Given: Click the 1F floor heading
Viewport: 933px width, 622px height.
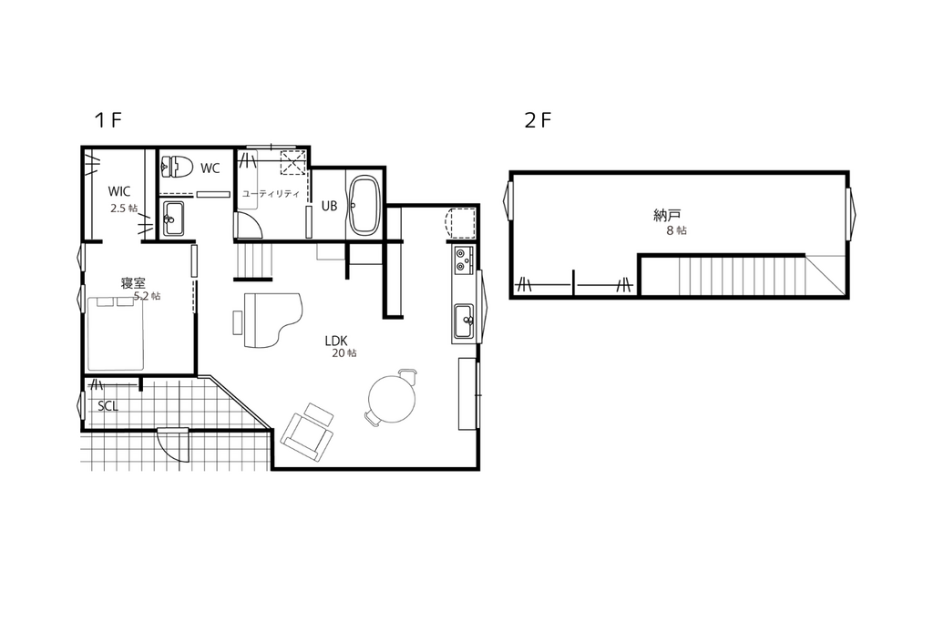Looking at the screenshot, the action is click(108, 121).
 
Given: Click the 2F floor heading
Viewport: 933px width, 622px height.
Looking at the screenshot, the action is click(538, 121).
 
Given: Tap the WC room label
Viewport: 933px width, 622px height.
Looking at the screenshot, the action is click(210, 168).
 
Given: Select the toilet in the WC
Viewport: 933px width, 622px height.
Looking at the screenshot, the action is click(176, 167).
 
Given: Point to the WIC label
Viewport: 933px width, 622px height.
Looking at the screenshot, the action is click(119, 191).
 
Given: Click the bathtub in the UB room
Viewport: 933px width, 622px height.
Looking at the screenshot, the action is click(364, 205).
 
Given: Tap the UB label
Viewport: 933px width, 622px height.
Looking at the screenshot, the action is click(329, 206).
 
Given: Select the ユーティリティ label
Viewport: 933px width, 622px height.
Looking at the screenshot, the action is click(271, 194).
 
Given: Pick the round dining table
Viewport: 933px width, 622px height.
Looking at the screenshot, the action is click(392, 399).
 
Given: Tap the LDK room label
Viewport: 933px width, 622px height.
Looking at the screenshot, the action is click(336, 341).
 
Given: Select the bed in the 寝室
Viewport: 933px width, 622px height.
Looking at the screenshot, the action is click(116, 333).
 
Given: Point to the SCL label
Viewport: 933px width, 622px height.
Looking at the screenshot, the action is click(108, 406).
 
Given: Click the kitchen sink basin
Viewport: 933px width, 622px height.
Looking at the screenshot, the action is click(464, 322).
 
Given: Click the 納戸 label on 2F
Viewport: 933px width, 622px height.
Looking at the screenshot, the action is click(667, 215).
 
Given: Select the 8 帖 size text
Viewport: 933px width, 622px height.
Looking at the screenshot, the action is click(677, 230).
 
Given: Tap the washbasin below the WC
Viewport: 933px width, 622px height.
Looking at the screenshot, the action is click(173, 219).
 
